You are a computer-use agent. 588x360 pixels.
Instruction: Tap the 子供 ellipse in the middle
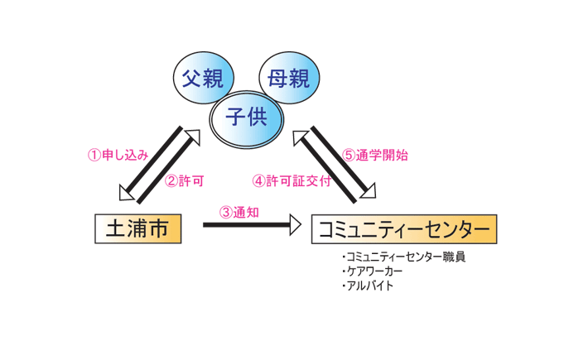coord(245,117)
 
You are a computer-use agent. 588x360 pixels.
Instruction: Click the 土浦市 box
coord(137,228)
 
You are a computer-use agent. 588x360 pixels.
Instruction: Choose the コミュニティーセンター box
coord(404,229)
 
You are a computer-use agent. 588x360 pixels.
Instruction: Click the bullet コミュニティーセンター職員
coord(403,257)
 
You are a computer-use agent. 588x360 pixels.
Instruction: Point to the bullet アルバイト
coord(367,286)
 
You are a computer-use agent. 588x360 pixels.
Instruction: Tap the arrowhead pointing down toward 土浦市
coord(127,194)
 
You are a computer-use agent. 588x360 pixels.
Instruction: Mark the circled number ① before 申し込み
coord(94,155)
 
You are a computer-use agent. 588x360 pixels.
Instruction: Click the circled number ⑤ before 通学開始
coord(349,155)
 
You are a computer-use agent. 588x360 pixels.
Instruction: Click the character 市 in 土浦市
coord(166,228)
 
